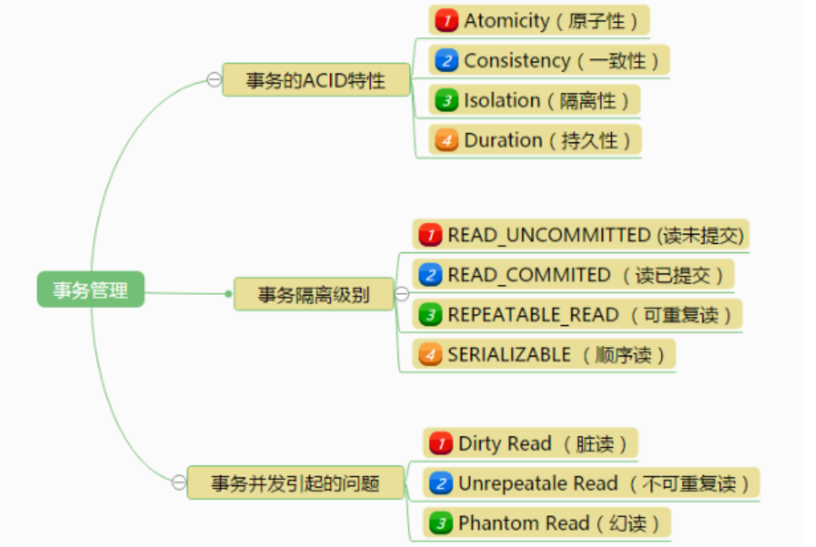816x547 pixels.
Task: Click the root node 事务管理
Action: [x=91, y=290]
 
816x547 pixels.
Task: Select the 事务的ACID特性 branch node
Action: [x=316, y=80]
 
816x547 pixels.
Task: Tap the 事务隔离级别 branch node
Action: [x=314, y=295]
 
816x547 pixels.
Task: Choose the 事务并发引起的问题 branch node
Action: [x=295, y=483]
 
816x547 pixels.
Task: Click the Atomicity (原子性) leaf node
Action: [x=539, y=20]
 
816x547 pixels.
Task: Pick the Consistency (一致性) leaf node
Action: [x=549, y=60]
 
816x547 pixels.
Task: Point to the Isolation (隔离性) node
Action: [x=534, y=100]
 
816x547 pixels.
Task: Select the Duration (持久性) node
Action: [x=535, y=140]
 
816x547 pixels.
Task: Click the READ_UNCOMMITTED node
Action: [x=582, y=235]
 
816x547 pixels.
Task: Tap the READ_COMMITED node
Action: [x=573, y=274]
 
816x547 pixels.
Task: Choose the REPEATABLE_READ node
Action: [x=577, y=315]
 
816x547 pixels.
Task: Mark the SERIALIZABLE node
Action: [x=544, y=355]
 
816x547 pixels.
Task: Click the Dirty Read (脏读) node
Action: [x=530, y=443]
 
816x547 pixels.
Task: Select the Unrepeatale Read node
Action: [x=591, y=483]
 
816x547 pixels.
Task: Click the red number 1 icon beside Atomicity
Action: [x=446, y=20]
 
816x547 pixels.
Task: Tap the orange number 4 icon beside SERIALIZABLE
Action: [x=431, y=355]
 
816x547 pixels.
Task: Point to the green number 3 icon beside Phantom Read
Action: [x=441, y=523]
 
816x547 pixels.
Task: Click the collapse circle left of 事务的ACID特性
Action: [x=213, y=80]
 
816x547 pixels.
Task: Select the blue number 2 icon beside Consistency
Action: [x=446, y=60]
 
